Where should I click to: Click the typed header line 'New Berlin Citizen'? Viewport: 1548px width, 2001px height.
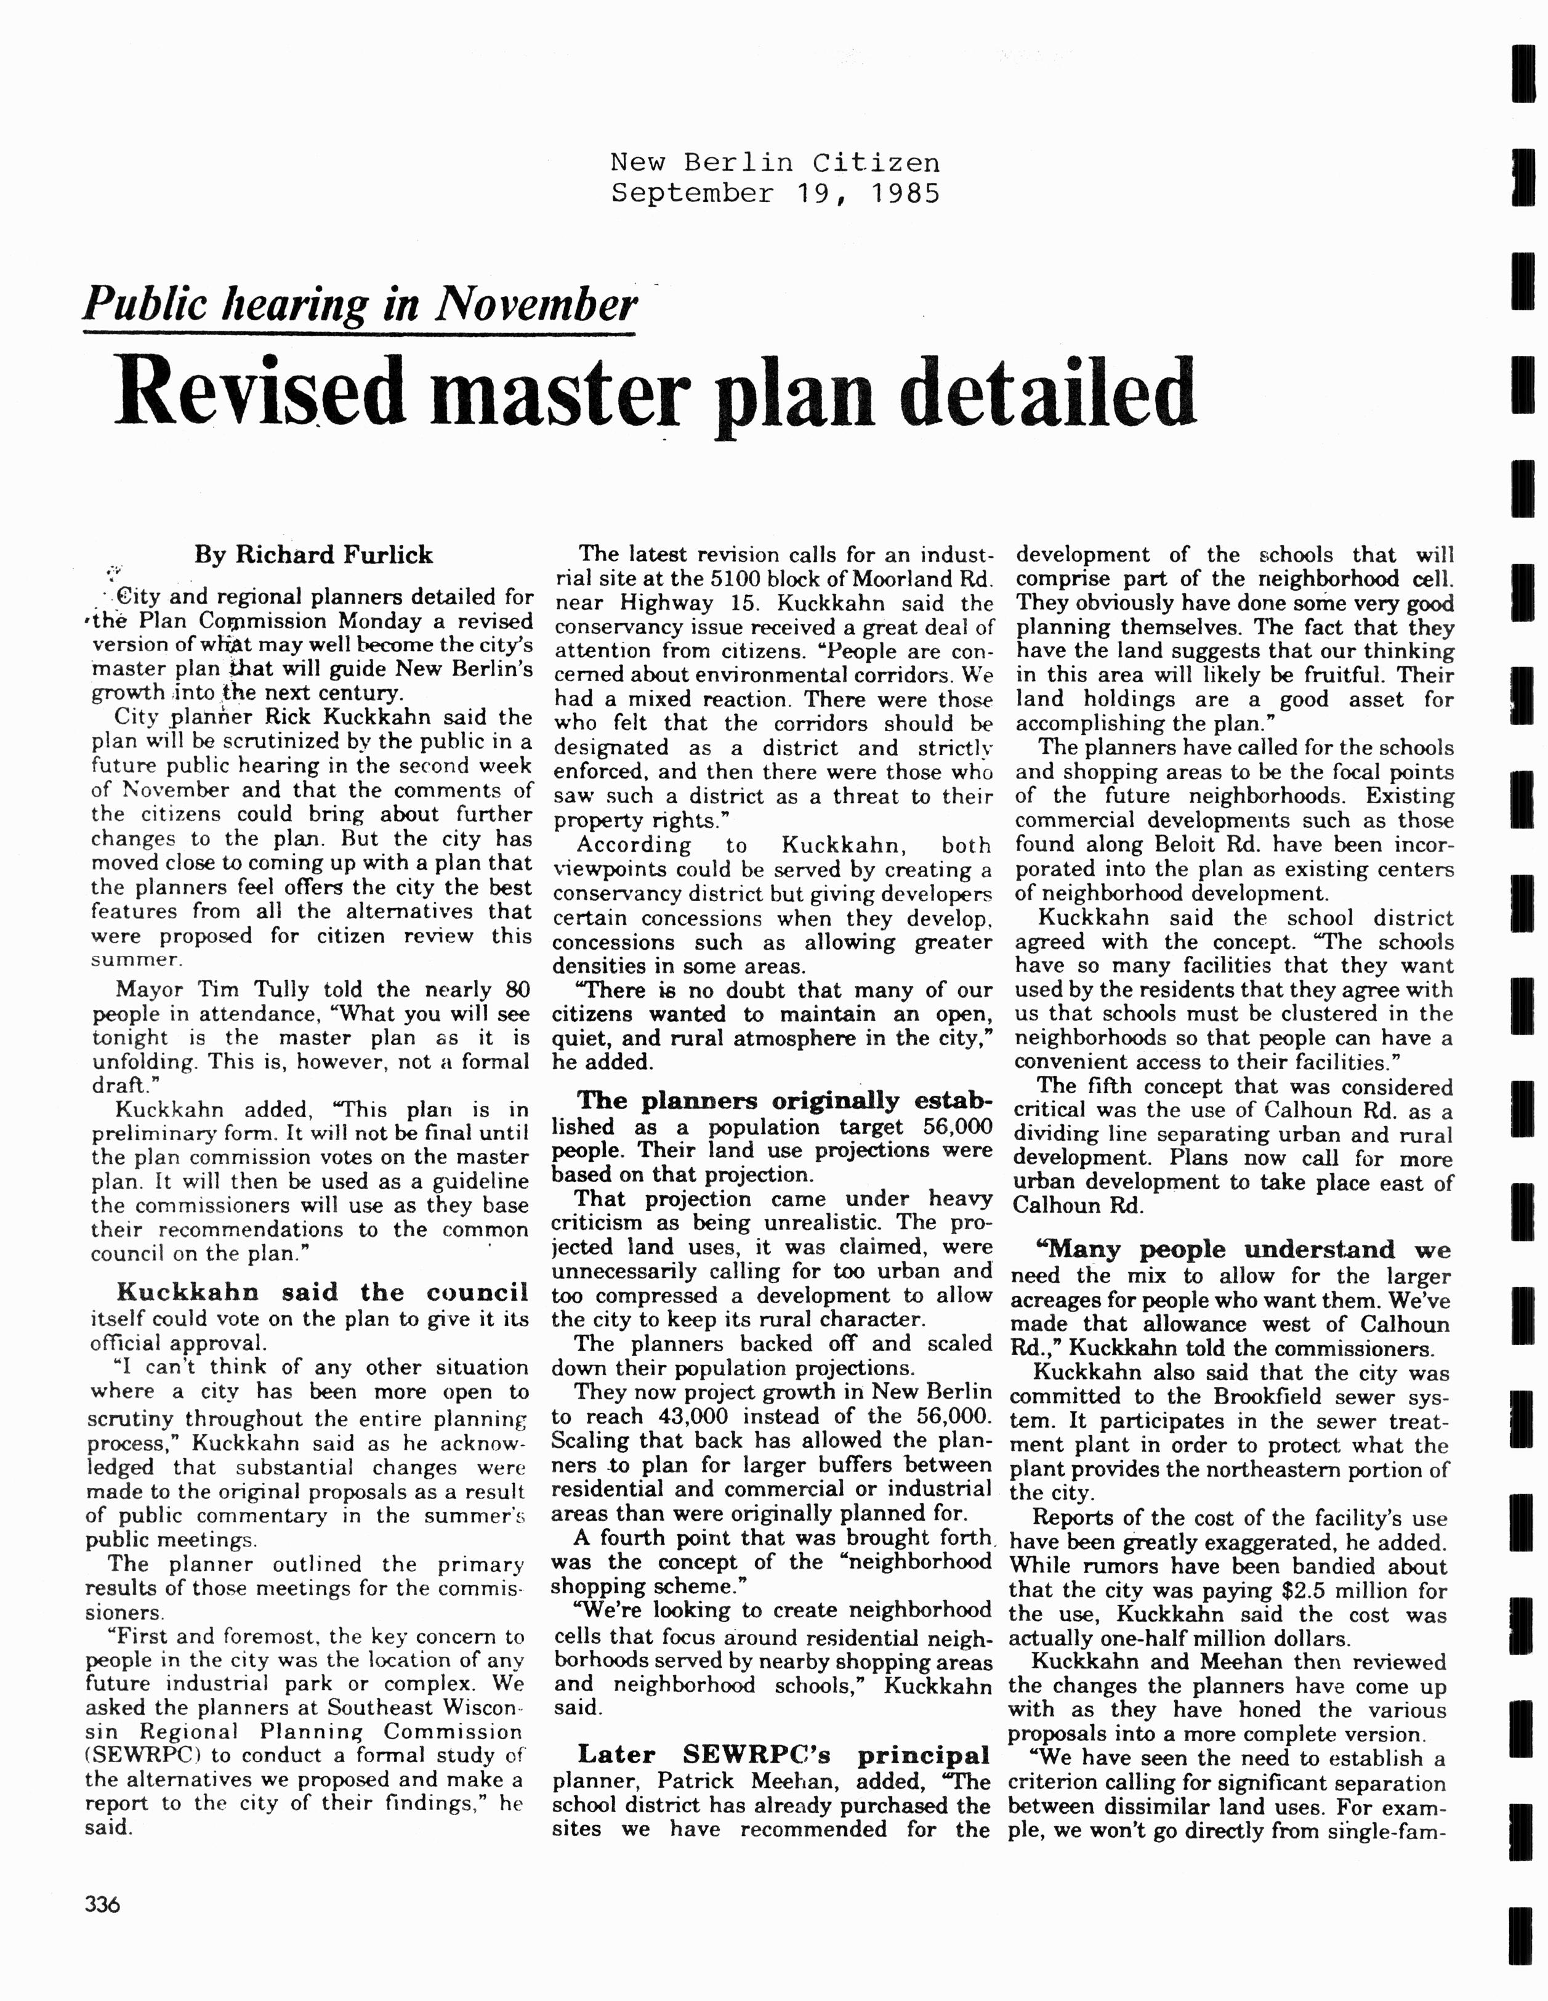coord(775,163)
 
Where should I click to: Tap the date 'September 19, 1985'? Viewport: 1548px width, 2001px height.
coord(775,193)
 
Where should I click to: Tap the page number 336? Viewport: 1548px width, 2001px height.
coord(103,1905)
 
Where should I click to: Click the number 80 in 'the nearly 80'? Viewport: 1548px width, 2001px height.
coord(517,990)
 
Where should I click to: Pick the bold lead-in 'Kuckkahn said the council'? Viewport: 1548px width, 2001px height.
coord(323,1292)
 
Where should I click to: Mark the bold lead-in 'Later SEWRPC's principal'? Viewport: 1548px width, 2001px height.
coord(784,1755)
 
